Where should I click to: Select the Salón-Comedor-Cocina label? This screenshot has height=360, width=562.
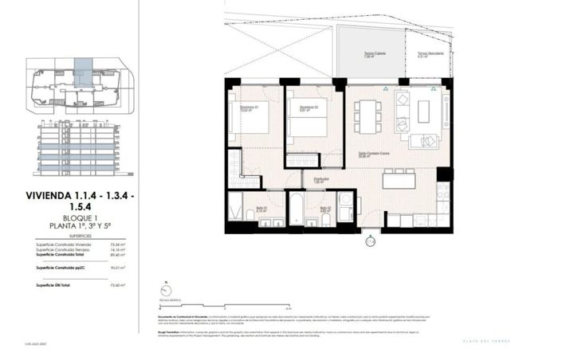point(367,155)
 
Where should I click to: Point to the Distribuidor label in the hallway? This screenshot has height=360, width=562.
point(321,181)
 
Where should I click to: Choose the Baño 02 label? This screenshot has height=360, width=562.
point(325,210)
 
